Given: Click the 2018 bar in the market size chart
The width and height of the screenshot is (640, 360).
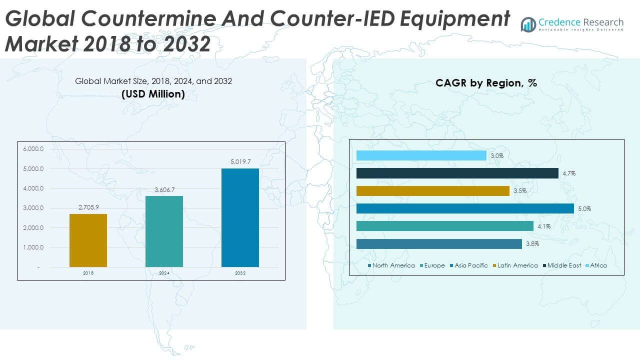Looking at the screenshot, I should click(x=88, y=240).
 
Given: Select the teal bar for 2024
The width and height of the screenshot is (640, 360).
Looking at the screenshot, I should click(x=164, y=231).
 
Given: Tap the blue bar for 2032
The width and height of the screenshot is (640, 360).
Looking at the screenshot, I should click(x=240, y=217).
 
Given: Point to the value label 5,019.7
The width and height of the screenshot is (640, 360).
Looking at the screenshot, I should click(x=240, y=161).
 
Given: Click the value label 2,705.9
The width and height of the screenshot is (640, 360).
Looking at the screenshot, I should click(x=88, y=207).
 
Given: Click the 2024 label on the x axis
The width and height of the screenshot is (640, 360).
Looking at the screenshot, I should click(x=164, y=273).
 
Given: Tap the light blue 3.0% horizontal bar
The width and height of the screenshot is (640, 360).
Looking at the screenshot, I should click(x=421, y=155).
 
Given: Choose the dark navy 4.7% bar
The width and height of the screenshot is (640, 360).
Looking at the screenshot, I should click(x=457, y=173).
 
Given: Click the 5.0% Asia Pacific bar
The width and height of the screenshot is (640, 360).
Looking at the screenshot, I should click(x=465, y=208).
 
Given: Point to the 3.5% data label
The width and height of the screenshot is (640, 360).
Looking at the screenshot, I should click(x=520, y=191).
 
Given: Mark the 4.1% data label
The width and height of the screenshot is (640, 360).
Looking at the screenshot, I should click(x=544, y=226).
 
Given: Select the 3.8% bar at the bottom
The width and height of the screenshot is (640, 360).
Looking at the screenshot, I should click(x=439, y=244).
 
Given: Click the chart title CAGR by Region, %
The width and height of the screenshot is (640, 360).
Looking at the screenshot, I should click(x=486, y=83).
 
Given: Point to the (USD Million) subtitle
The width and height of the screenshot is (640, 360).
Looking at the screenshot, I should click(x=153, y=93).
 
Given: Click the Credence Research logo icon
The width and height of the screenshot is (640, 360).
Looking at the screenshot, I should click(x=528, y=24).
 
